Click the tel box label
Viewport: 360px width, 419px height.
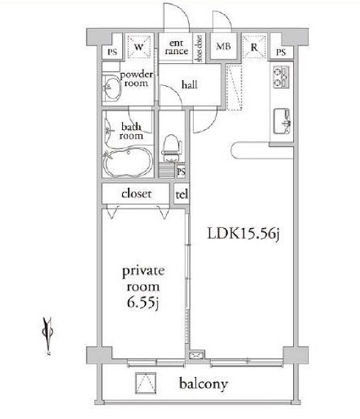[x=181, y=192]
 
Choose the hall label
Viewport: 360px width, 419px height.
[x=189, y=85]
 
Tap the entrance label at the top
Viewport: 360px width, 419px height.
[x=177, y=48]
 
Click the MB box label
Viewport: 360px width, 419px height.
[x=223, y=48]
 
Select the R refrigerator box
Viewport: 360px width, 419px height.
[x=253, y=48]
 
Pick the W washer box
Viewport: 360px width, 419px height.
[x=138, y=48]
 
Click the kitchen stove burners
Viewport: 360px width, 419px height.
[x=280, y=76]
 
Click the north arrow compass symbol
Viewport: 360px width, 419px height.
[x=47, y=330]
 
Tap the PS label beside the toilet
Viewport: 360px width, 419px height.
[x=181, y=171]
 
